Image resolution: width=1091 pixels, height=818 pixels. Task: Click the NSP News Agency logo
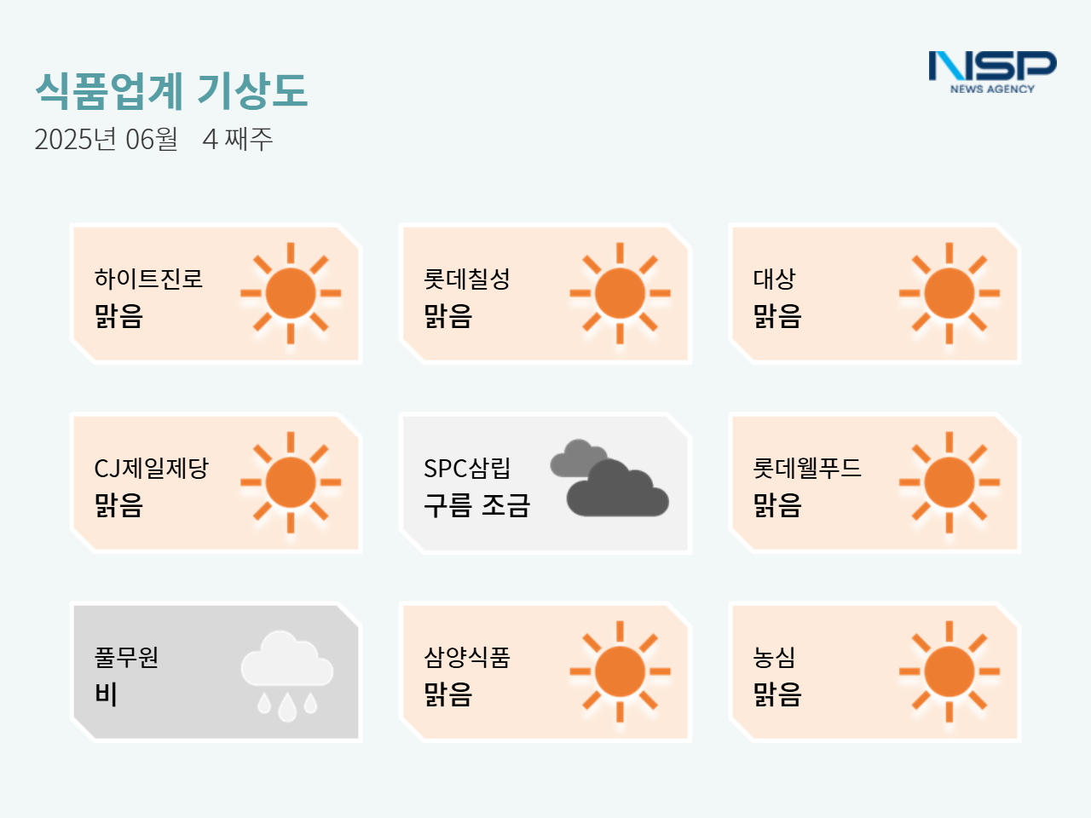pos(993,72)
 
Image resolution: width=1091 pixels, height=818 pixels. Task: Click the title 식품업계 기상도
pos(171,91)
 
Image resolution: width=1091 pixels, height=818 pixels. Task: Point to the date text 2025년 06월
pos(106,139)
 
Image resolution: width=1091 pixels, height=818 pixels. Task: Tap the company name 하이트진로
pos(148,279)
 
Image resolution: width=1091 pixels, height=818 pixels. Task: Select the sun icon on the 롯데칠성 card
pos(620,293)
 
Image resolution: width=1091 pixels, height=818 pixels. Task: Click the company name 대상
pos(774,279)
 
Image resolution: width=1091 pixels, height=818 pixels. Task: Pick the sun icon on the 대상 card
pos(949,293)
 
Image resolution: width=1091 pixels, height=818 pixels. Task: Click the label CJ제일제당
pos(151,468)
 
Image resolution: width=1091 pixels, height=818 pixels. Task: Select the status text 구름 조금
pos(476,505)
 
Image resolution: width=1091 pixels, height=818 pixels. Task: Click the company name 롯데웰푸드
pos(806,468)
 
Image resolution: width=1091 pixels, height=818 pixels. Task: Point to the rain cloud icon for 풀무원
pos(286,676)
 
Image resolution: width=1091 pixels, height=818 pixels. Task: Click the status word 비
pos(106,694)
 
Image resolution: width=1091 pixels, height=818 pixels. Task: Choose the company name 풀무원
pos(126,657)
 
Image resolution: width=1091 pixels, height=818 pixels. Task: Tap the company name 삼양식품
pos(467,657)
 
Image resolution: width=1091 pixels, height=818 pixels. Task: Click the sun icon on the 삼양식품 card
pos(620,671)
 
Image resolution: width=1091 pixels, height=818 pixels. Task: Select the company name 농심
pos(774,657)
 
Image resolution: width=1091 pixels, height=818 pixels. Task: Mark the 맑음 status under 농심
pos(776,694)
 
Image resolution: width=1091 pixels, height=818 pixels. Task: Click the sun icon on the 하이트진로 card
pos(291,293)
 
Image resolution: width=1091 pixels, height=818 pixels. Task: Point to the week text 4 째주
pos(238,139)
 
